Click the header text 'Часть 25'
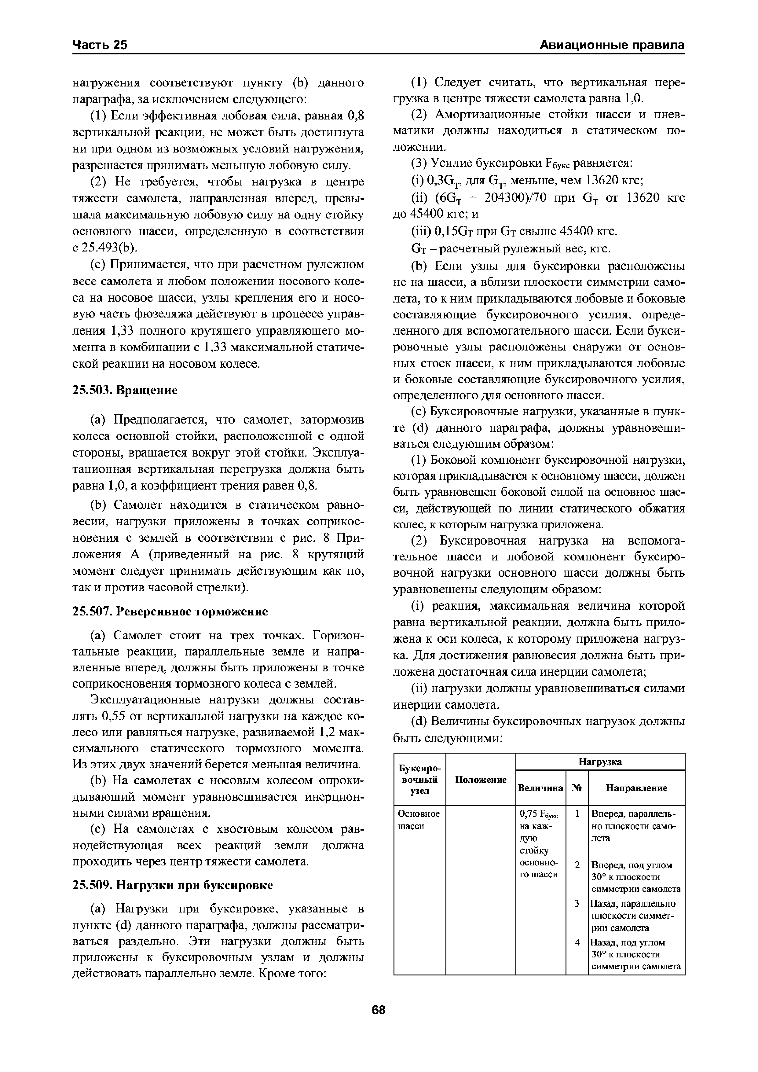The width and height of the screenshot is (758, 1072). tap(100, 45)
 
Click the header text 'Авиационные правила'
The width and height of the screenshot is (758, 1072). tap(612, 45)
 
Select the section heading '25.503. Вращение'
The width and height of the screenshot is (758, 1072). tap(125, 390)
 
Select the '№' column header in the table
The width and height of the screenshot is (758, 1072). tap(577, 788)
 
